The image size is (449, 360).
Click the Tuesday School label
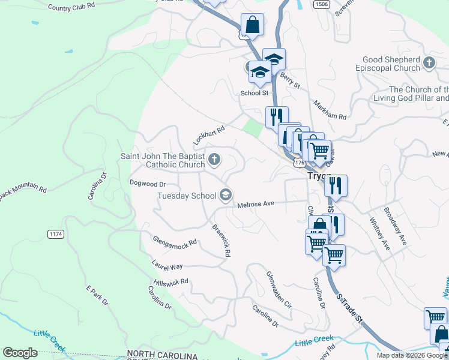click(187, 196)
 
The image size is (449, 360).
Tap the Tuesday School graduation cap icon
click(226, 194)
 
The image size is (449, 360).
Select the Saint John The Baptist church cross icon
click(214, 160)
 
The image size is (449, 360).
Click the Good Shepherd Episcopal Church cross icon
click(429, 62)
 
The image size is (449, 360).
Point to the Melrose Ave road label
click(256, 204)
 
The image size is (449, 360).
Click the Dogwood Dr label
click(147, 184)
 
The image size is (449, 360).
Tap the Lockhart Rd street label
click(208, 135)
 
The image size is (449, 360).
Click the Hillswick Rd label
click(171, 281)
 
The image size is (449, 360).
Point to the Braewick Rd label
click(221, 241)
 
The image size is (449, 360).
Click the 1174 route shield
click(56, 233)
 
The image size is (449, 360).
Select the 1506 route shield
click(321, 4)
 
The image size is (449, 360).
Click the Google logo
click(20, 353)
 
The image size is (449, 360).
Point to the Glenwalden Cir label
click(279, 289)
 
